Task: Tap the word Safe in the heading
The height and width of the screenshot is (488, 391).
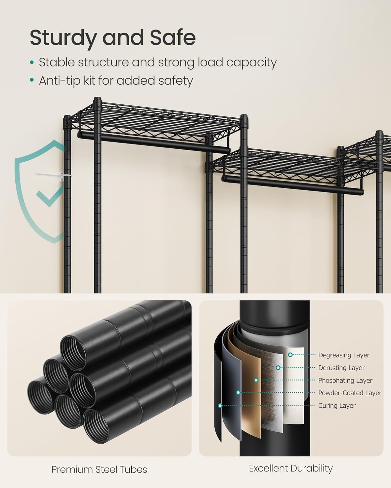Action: [x=173, y=38]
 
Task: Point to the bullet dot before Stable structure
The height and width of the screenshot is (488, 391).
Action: [x=32, y=62]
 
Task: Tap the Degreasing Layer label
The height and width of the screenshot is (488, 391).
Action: [x=343, y=355]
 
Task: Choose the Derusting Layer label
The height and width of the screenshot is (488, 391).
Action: [x=341, y=368]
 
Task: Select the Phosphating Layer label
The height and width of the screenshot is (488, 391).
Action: [x=345, y=380]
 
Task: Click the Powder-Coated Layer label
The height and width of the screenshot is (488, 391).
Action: [x=350, y=393]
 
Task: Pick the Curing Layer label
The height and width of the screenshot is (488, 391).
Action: [x=337, y=406]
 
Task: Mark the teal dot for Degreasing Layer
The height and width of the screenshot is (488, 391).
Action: [x=290, y=355]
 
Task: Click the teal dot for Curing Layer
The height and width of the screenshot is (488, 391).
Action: [x=220, y=406]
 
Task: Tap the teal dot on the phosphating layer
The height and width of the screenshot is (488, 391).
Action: [x=256, y=380]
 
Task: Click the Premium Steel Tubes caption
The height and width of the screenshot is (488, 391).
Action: [x=99, y=469]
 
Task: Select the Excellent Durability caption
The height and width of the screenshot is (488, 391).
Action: [x=291, y=468]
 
